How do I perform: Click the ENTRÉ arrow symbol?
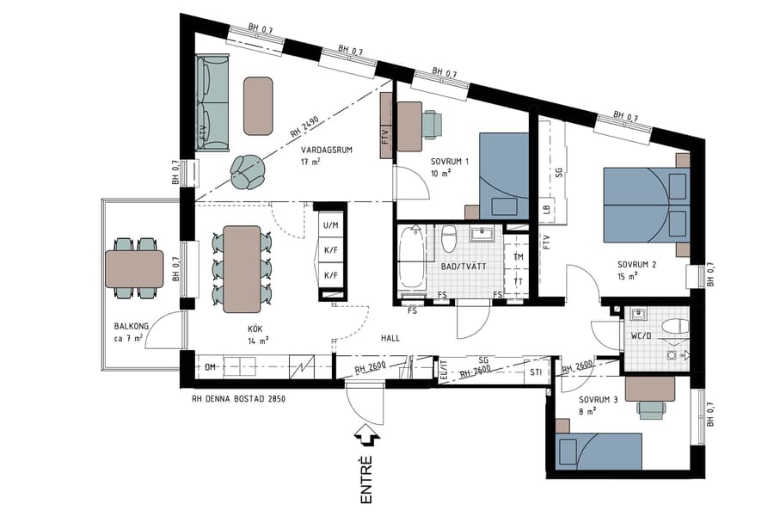click(369, 437)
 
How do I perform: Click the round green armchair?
click(248, 171)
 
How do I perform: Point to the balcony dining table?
click(134, 268)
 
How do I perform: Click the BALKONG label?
click(132, 327)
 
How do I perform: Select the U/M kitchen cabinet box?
click(330, 225)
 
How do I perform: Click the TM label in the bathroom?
click(518, 257)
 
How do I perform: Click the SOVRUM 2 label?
click(636, 265)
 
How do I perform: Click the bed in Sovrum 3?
click(599, 451)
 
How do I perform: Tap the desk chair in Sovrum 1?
click(432, 124)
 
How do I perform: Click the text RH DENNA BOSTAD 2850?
click(238, 399)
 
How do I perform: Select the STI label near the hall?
click(536, 372)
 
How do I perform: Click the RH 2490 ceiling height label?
click(304, 129)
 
